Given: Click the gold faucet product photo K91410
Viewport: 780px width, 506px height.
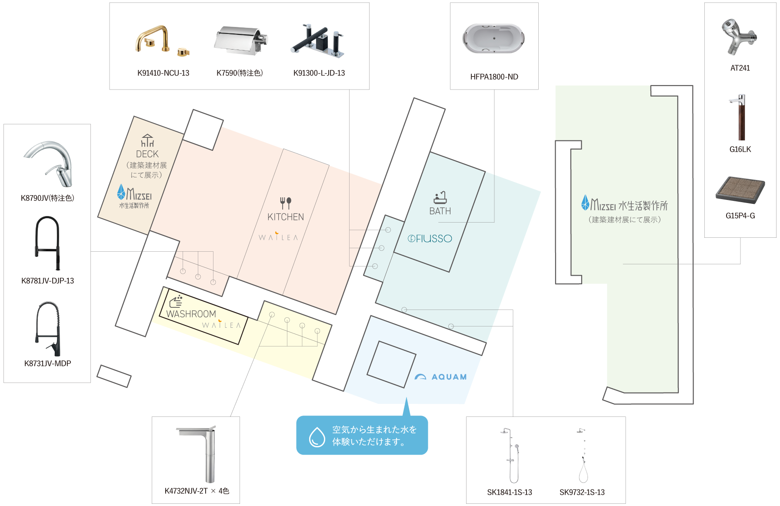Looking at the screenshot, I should coord(162,40).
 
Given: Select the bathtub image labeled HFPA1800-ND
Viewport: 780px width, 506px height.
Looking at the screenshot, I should coord(494,39).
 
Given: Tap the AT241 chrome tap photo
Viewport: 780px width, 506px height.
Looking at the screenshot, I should coord(740,37).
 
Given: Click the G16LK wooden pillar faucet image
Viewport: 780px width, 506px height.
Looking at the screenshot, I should coord(740,117).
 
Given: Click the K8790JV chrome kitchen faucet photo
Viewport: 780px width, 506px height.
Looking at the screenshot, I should coord(47,164).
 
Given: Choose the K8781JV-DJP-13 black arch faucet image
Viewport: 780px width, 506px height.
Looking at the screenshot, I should coord(47,243).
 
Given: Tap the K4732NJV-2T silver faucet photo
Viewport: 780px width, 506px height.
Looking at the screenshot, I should coord(196,454).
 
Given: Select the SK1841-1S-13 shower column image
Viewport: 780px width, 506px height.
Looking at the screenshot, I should coord(510,455).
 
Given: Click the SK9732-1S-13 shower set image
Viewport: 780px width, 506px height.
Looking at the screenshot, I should coord(582,455).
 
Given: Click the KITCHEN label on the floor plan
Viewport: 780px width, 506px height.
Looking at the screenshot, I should coord(286,217).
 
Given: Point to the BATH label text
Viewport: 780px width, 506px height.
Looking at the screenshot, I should coord(440,211).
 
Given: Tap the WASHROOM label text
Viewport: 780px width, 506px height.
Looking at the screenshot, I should coord(191,314).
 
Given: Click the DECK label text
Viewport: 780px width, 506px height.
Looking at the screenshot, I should coord(147,154).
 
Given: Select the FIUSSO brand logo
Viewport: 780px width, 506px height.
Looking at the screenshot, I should coord(430,239).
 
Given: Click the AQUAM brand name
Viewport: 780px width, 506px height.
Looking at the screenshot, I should coord(449,377).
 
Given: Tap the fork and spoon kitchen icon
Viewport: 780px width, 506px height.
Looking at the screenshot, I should coord(285,203).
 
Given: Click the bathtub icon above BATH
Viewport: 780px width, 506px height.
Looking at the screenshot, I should coord(440,197).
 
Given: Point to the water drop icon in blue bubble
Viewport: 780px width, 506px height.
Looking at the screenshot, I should coord(317,436).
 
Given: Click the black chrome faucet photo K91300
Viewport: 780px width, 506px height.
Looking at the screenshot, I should coord(317,40).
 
